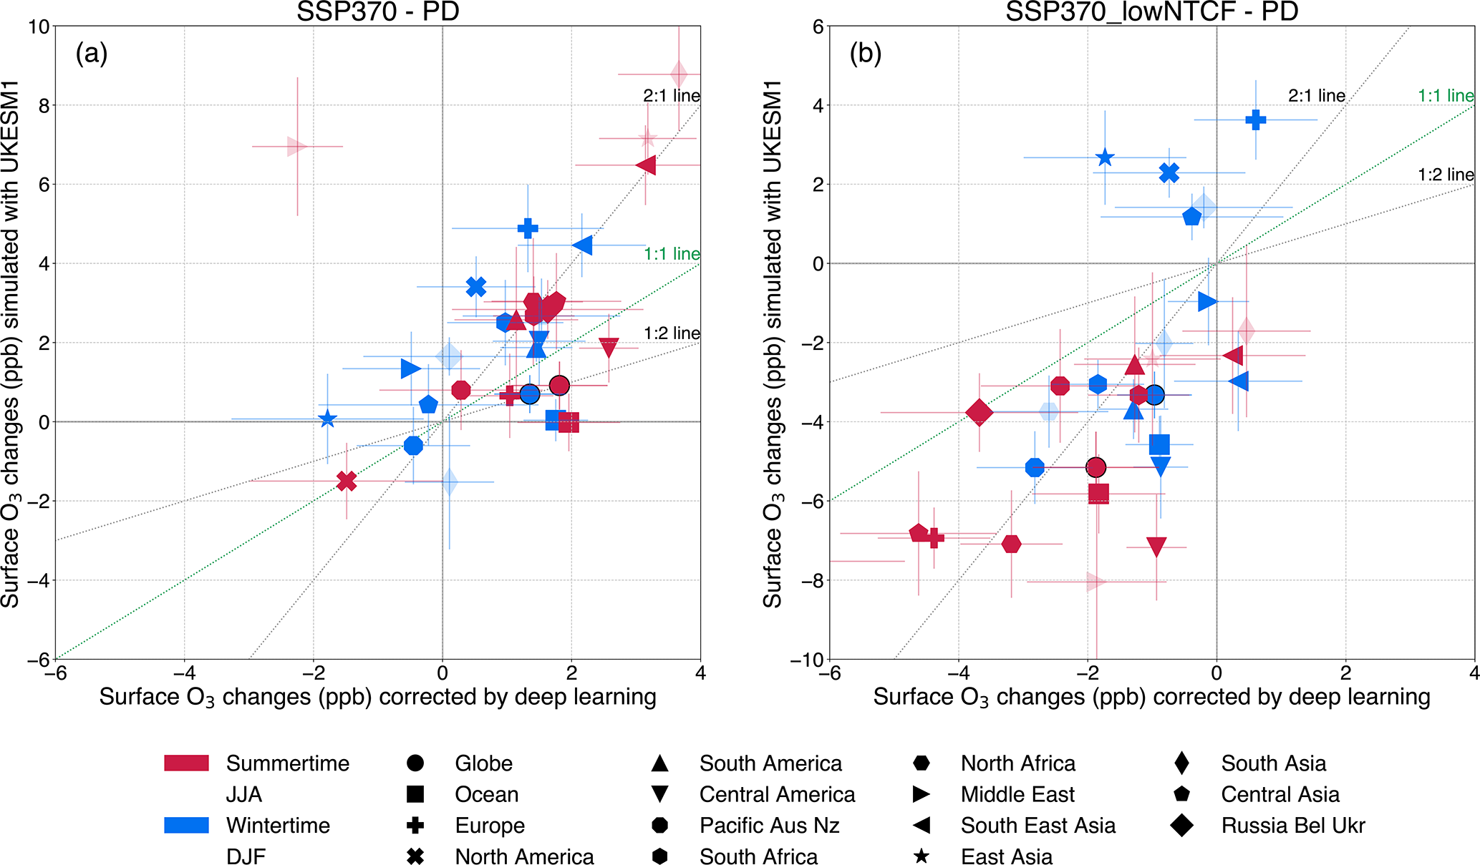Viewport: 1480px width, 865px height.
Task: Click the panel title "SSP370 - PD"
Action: [x=377, y=11]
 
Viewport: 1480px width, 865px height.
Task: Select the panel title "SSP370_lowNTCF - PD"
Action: [x=1151, y=11]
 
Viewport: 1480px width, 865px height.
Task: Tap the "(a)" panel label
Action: [x=92, y=53]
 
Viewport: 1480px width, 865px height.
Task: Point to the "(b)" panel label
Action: [x=865, y=53]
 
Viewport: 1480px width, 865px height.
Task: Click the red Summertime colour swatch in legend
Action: [x=186, y=763]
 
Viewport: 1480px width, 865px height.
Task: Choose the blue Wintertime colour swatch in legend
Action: [x=186, y=825]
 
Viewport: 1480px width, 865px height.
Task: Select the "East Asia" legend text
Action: [x=1006, y=856]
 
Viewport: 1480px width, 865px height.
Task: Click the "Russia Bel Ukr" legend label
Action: [x=1292, y=825]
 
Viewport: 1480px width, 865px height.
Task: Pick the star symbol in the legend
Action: [x=922, y=856]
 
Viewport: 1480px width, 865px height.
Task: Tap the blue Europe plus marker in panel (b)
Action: [x=1255, y=119]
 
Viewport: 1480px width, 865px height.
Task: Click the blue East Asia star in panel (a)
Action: [x=327, y=419]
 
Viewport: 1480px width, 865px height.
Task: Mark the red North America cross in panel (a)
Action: [x=347, y=481]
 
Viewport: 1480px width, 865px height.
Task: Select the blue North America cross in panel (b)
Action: [x=1169, y=172]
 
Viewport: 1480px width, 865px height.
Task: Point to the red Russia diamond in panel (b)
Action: [x=979, y=412]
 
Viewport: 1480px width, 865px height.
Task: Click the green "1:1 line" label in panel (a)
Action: [x=671, y=253]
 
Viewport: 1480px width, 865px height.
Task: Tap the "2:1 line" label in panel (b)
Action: [x=1316, y=95]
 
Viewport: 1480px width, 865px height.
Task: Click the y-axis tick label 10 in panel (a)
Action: [x=39, y=27]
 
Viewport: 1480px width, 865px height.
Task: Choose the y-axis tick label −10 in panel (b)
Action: [x=807, y=660]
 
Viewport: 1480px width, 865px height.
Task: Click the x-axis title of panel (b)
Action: [x=1151, y=697]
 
